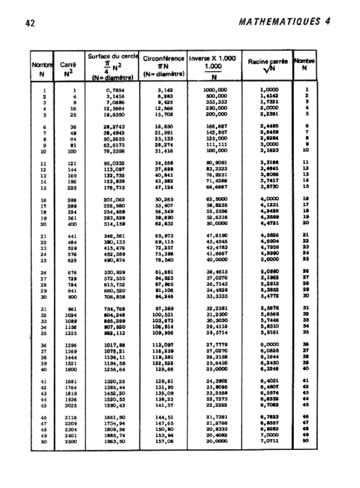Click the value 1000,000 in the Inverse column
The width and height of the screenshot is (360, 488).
(x=215, y=89)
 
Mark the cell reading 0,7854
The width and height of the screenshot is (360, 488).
(x=115, y=89)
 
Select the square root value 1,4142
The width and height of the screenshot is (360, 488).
(x=270, y=95)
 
